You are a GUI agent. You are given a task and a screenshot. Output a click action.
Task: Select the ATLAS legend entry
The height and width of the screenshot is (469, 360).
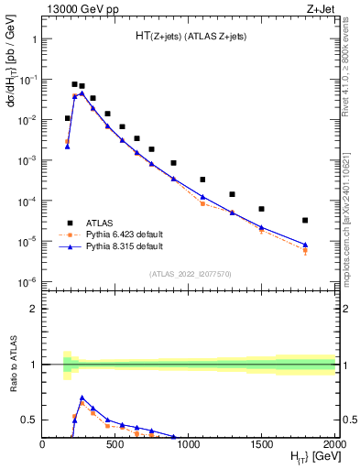[101, 222]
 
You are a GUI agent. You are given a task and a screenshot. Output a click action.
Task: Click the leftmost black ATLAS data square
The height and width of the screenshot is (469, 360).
[67, 118]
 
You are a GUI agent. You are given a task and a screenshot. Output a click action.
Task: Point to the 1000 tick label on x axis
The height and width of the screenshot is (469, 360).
[189, 444]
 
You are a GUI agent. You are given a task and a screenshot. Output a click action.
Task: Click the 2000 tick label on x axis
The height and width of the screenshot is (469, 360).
[333, 444]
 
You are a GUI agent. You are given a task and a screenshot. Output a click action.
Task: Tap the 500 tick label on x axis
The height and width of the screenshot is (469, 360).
[116, 444]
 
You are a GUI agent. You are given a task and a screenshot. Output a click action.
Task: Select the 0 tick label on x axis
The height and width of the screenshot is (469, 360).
[43, 444]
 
